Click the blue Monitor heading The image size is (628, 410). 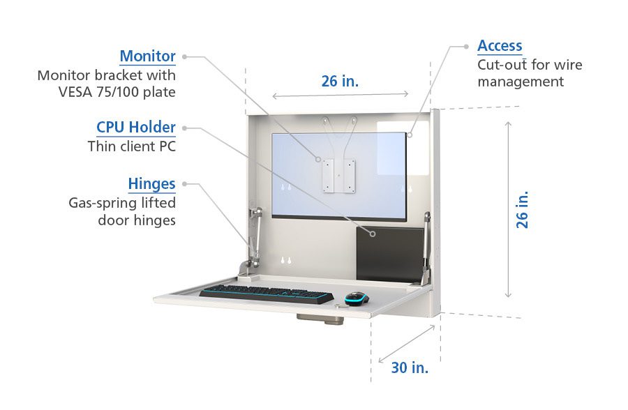tap(147, 56)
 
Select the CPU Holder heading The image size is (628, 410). tap(135, 128)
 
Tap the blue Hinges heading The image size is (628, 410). tap(151, 184)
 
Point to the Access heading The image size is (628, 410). tap(500, 46)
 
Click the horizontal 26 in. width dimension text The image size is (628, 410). tap(340, 81)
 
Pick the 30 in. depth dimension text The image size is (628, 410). tap(410, 367)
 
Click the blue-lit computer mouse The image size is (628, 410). tap(356, 298)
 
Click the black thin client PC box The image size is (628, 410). tap(389, 253)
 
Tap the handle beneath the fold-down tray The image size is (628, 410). tap(320, 319)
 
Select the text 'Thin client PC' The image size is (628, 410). tap(132, 146)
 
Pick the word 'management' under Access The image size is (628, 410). tap(521, 82)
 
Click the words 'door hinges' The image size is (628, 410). tap(137, 220)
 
